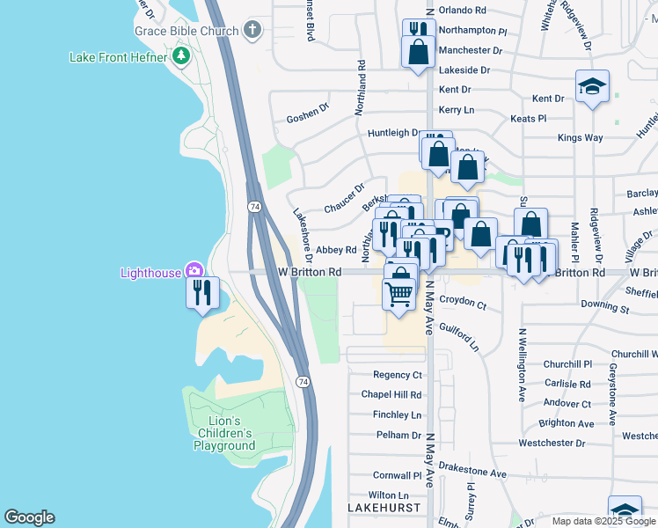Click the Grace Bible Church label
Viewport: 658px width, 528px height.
(186, 31)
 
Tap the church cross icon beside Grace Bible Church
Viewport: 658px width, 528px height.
(252, 31)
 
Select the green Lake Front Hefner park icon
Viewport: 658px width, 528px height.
(181, 57)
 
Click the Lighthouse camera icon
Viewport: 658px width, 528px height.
(194, 272)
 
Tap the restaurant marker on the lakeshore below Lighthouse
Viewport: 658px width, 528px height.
(202, 292)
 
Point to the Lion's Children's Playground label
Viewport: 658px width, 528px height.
(224, 433)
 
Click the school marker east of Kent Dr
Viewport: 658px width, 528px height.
(592, 87)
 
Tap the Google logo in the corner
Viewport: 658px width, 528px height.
(29, 517)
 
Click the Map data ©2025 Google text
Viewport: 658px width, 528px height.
(603, 521)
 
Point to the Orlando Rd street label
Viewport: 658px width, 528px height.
(462, 11)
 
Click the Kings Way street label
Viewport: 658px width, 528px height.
(581, 137)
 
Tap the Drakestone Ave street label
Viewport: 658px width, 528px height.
(472, 473)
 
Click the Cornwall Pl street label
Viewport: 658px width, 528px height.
(398, 474)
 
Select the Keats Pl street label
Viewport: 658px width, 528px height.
(529, 118)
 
